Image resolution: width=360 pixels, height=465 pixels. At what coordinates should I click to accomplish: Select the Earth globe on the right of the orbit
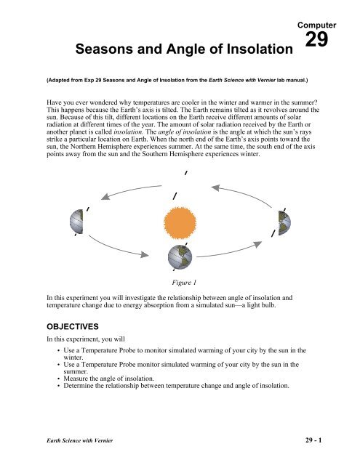click(x=282, y=221)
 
